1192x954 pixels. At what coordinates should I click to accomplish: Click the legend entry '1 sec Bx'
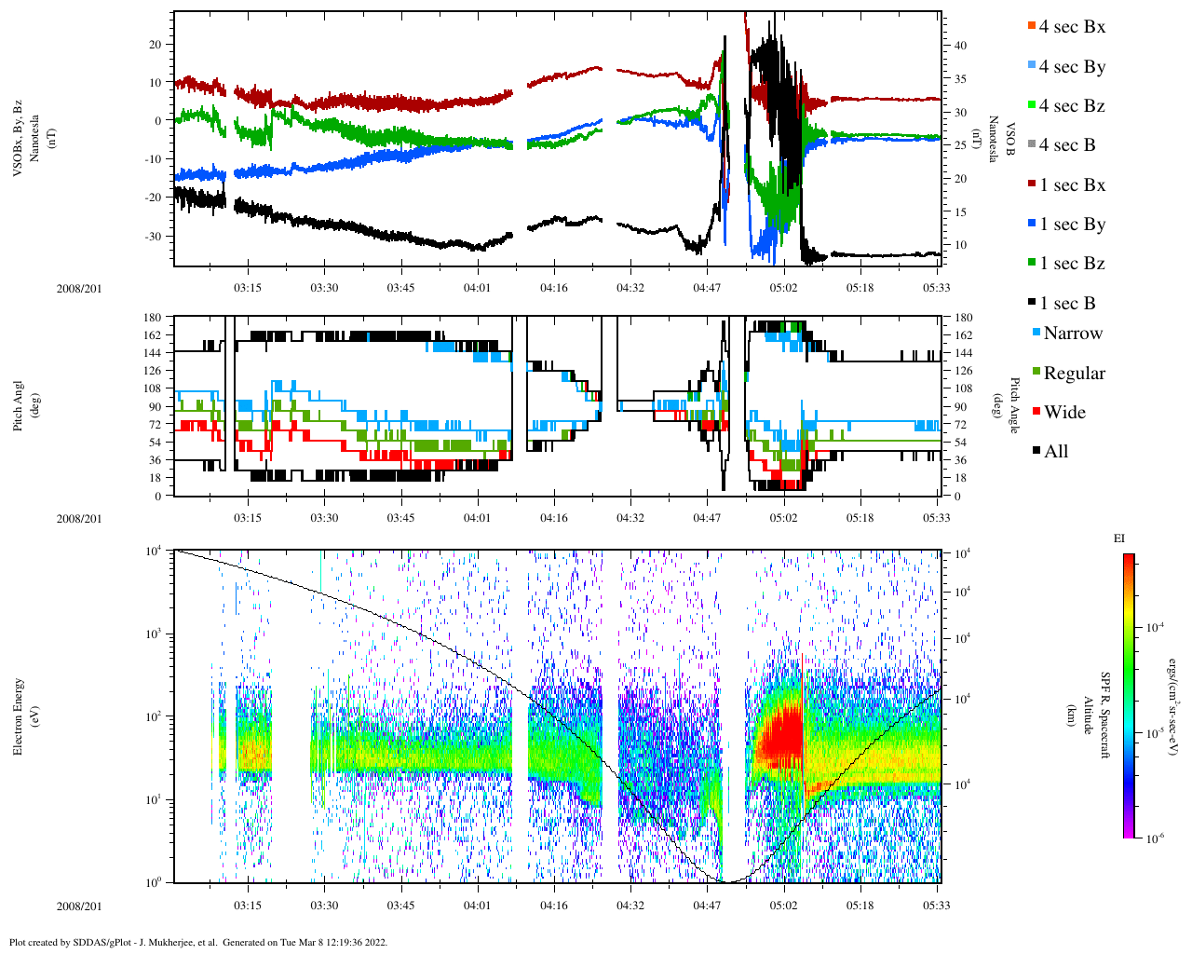(x=1072, y=185)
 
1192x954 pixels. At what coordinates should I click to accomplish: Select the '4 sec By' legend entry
(x=1072, y=67)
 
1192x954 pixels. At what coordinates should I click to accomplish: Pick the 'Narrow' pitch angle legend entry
(x=1072, y=334)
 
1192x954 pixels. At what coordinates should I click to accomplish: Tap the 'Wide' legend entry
(x=1063, y=413)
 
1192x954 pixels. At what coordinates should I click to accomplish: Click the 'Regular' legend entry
(x=1074, y=374)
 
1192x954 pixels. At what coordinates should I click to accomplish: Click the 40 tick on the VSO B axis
(x=959, y=46)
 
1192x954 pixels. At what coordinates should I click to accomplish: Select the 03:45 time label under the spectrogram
(x=400, y=906)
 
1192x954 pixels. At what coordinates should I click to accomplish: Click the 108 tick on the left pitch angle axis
(x=153, y=388)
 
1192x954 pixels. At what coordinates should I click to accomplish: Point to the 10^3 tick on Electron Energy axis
(x=154, y=634)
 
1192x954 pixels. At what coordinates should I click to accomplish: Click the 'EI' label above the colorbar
(x=1119, y=538)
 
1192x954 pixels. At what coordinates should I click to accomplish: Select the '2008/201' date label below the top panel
(x=79, y=288)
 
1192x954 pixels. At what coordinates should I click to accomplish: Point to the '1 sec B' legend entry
(x=1067, y=304)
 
